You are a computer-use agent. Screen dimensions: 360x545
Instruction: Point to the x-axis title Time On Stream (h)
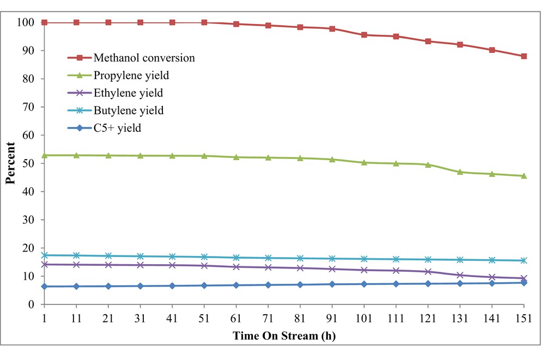(x=284, y=336)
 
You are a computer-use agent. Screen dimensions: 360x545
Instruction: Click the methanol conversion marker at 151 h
(x=524, y=56)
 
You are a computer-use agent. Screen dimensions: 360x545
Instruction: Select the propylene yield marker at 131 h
(x=460, y=172)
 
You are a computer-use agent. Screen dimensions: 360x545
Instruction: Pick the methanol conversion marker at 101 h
(x=364, y=35)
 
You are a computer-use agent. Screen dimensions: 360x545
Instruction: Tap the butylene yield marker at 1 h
(x=44, y=255)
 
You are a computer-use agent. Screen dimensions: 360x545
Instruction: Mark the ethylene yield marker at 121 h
(x=428, y=272)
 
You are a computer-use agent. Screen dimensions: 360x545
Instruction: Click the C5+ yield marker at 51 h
(x=204, y=285)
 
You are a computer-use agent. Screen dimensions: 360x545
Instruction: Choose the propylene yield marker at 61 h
(x=236, y=157)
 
